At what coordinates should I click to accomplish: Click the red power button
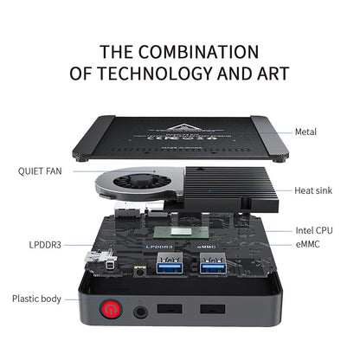(x=112, y=306)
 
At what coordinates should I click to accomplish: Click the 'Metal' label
(x=305, y=132)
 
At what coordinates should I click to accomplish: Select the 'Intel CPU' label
(x=313, y=230)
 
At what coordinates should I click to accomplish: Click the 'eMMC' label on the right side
(x=308, y=245)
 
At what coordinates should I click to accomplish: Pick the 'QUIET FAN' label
(x=40, y=170)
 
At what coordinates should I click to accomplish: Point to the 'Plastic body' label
(x=36, y=299)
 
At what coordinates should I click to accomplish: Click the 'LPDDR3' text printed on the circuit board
(x=161, y=246)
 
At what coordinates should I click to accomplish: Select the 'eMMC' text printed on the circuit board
(x=209, y=247)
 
